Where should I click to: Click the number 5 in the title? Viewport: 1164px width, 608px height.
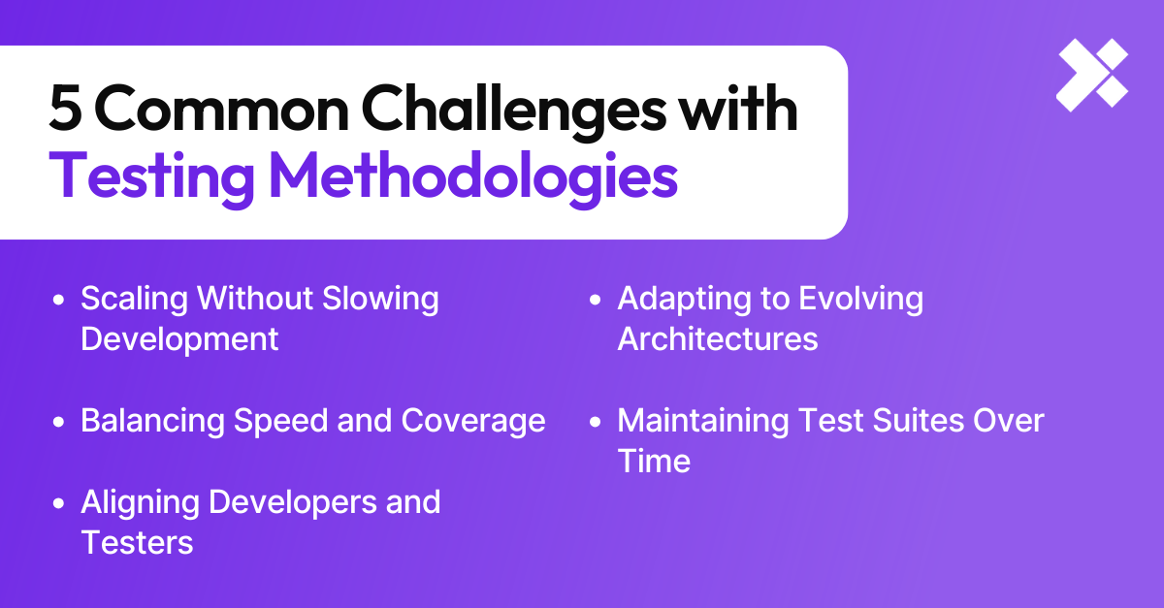click(66, 111)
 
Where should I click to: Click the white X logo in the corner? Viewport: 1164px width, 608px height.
click(1091, 76)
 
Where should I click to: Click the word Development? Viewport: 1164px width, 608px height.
click(179, 339)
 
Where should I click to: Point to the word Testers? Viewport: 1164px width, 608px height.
click(137, 543)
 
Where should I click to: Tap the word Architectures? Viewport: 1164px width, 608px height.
click(718, 339)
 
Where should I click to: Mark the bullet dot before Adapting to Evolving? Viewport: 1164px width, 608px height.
click(597, 300)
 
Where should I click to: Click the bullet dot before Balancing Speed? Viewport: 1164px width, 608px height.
click(60, 422)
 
